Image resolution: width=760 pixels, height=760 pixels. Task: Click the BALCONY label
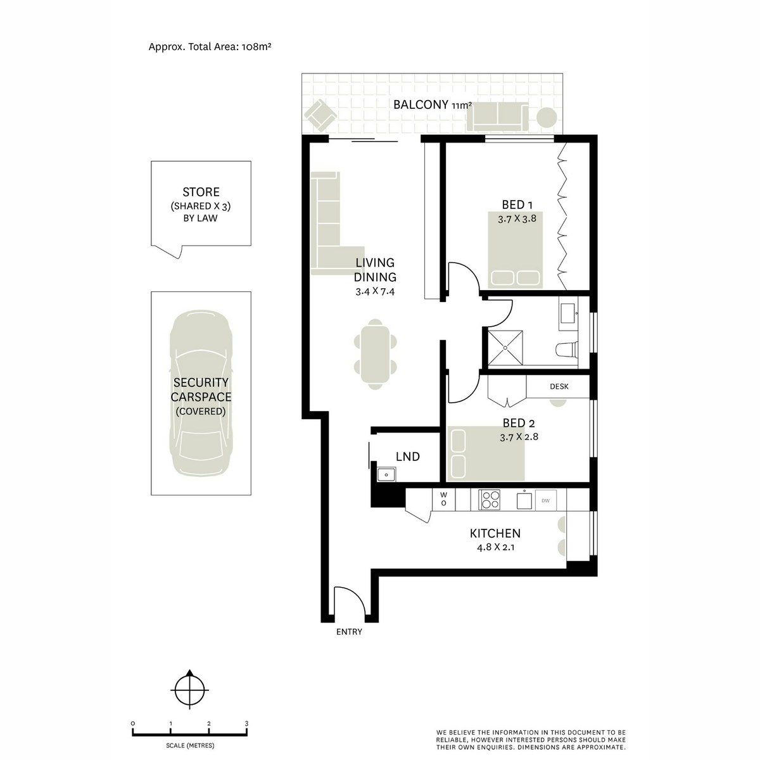421,105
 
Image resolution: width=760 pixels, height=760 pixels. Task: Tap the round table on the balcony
547,117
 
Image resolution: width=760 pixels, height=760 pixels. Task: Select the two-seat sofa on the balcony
497,117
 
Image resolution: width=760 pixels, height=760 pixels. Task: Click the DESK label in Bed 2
559,386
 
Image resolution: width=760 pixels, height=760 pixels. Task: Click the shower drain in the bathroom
505,346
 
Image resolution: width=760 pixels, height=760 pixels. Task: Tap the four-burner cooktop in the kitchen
490,499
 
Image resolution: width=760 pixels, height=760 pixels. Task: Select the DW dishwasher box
545,500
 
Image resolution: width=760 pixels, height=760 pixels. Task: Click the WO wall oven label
443,498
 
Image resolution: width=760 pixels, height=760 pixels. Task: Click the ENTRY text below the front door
349,631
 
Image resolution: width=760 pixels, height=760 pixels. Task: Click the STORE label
201,192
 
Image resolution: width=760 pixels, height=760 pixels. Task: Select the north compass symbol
189,688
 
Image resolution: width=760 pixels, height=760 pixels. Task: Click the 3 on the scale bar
246,723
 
